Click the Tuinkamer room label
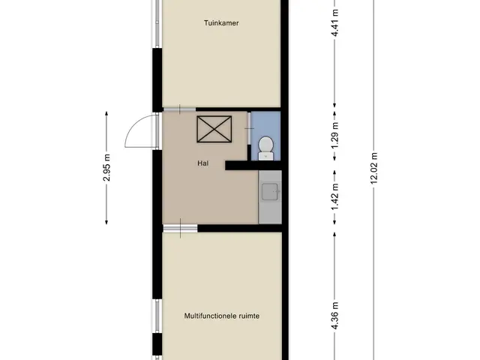point(221,23)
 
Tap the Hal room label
point(203,163)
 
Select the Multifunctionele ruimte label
point(222,316)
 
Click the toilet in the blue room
point(265,148)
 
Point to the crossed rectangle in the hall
point(214,129)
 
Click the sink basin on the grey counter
point(270,192)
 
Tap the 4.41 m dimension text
point(335,23)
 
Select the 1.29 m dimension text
point(335,135)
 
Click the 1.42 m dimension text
point(335,197)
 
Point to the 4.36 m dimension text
point(335,316)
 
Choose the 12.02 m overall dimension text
point(374,168)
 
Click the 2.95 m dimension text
point(106,168)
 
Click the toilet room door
point(249,128)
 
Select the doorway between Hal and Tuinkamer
point(179,109)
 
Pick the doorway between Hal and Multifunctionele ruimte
point(180,228)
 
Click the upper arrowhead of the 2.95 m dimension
point(106,113)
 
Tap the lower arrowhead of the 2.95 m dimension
point(106,222)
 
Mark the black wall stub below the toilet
point(253,166)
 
